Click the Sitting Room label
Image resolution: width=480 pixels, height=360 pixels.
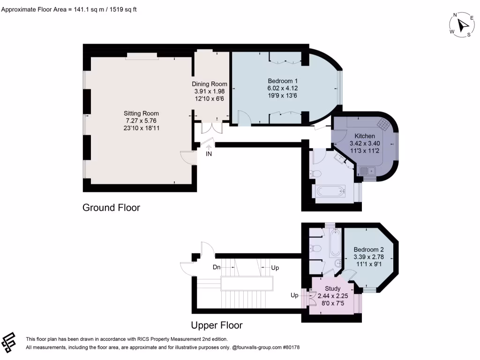coord(141,113)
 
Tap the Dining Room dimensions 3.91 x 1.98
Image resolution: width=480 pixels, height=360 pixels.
coord(210,91)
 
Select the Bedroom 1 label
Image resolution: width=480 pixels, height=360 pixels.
coord(283,81)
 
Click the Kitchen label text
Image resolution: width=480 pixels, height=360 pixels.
coord(365,136)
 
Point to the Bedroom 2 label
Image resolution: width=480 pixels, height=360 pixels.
coord(368,249)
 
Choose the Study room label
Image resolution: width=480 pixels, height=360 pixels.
coord(333,288)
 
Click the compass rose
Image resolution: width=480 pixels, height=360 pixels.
coord(462,25)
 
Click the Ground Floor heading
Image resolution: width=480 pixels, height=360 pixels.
coord(111,208)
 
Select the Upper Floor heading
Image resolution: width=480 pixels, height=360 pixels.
coord(217,325)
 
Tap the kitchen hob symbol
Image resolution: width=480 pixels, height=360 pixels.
coord(383,124)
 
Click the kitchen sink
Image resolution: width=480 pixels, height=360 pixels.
coord(367,171)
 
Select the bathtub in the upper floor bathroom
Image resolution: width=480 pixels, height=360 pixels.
coord(336,243)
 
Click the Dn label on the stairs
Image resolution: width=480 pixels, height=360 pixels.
coord(217,267)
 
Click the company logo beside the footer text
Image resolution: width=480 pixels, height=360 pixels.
coord(8,342)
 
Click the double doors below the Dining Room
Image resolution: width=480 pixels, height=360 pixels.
coord(211,127)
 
